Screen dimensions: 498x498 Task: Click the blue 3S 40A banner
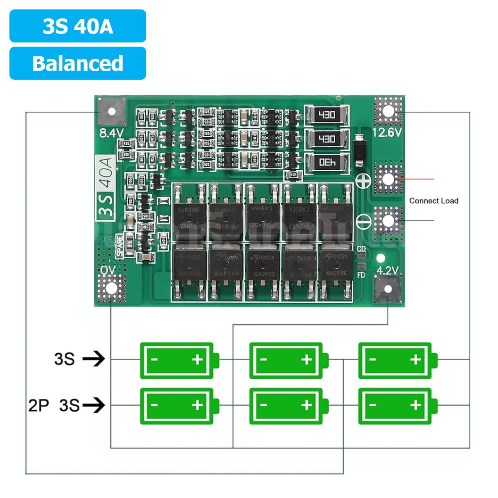[x=78, y=26]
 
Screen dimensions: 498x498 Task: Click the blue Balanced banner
[x=78, y=63]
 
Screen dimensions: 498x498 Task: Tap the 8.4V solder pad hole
[x=112, y=112]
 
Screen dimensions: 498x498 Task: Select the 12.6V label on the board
[x=387, y=133]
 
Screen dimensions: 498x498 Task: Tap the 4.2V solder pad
[x=388, y=289]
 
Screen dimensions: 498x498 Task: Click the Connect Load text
[x=433, y=201]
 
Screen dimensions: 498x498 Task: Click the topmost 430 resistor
[x=327, y=115]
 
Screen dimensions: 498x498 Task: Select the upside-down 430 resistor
[x=327, y=162]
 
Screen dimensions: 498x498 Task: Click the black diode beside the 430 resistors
[x=359, y=151]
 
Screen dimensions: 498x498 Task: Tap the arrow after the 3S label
[x=93, y=360]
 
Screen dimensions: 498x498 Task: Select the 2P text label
[x=39, y=405]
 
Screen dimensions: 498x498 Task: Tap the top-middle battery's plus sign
[x=307, y=360]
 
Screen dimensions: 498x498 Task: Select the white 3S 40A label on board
[x=104, y=187]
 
